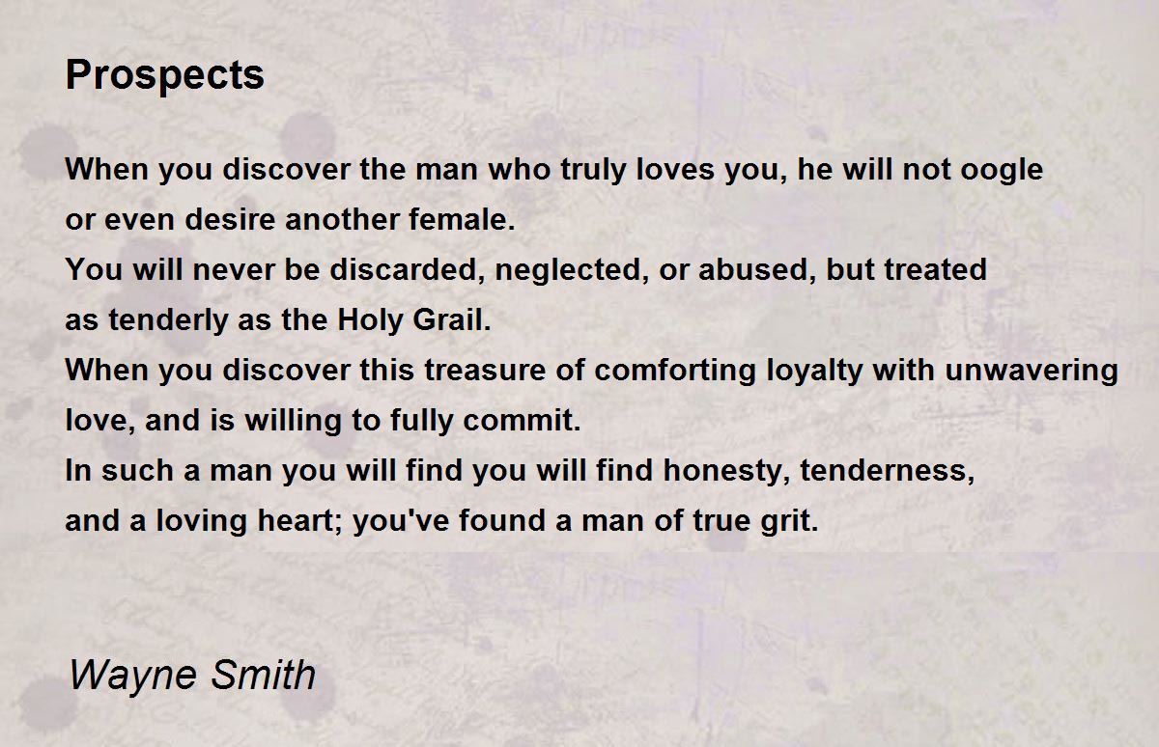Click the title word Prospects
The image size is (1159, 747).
(164, 75)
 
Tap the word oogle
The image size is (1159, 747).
(1002, 170)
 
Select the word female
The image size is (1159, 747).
(462, 219)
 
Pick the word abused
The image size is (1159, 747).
(757, 270)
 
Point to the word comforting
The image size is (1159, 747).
(675, 372)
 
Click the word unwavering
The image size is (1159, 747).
(1032, 372)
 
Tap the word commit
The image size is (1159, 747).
(523, 420)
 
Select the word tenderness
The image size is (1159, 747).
(888, 471)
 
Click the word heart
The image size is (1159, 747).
(300, 520)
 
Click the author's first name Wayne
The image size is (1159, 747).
(133, 676)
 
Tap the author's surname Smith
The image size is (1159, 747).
(264, 674)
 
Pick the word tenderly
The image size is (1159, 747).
(168, 320)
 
